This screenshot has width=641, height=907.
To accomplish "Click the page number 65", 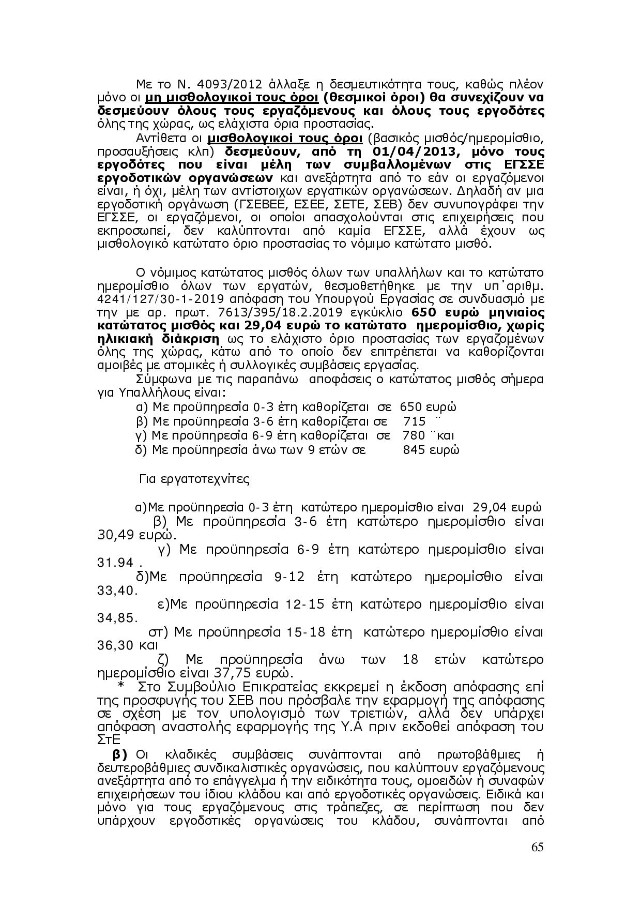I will click(537, 847).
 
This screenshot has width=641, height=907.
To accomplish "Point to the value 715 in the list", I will click(415, 421).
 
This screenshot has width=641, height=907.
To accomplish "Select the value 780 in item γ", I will click(414, 435).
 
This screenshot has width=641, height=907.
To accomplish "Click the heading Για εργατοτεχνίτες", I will click(194, 479).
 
